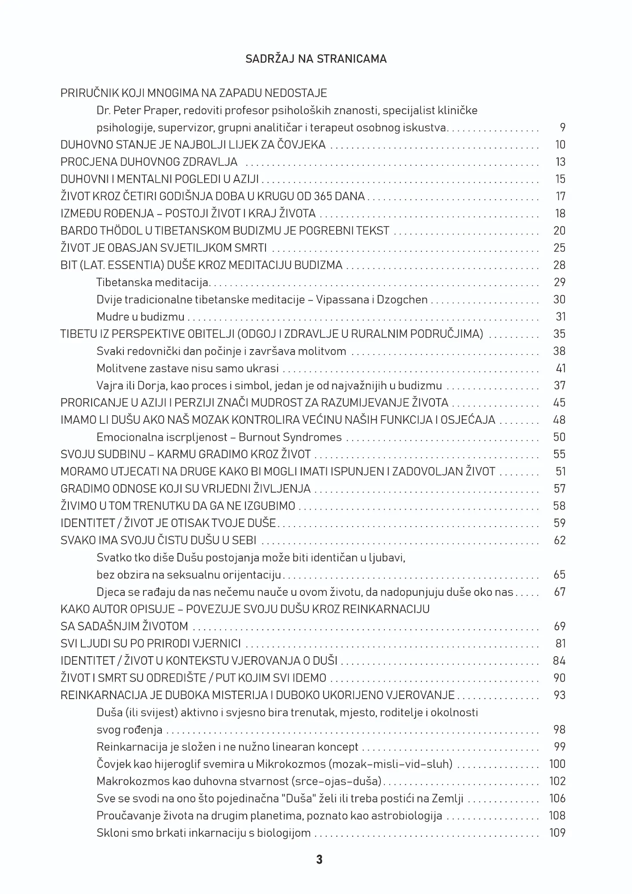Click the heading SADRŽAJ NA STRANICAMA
pyautogui.click(x=316, y=59)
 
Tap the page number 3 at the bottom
pyautogui.click(x=319, y=859)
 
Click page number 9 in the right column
pyautogui.click(x=562, y=128)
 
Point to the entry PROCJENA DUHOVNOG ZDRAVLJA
pyautogui.click(x=149, y=162)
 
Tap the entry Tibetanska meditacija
pyautogui.click(x=152, y=283)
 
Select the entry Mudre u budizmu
pyautogui.click(x=140, y=317)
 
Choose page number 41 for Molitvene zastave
pyautogui.click(x=560, y=368)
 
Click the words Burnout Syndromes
pyautogui.click(x=290, y=437)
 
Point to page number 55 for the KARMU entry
pyautogui.click(x=560, y=454)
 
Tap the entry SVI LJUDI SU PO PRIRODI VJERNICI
pyautogui.click(x=151, y=644)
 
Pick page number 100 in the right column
pyautogui.click(x=557, y=764)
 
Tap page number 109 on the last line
pyautogui.click(x=557, y=833)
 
